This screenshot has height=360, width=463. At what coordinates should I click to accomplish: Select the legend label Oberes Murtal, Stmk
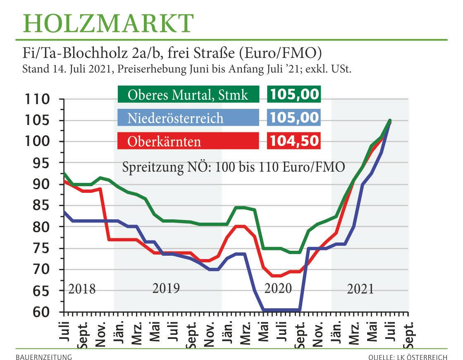188,95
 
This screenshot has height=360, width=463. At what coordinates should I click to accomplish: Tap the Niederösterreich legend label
175,118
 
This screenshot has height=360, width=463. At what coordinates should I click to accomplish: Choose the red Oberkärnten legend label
165,142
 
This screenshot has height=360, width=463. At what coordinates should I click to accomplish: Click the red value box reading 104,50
294,142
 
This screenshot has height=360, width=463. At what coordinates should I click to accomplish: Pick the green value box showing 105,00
294,95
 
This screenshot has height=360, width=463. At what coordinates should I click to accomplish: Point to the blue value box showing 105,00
294,118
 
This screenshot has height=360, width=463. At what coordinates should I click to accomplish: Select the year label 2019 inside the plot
166,288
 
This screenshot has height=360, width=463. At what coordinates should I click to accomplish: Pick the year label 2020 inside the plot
278,288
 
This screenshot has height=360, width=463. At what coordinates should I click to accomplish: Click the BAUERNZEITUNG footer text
44,356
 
